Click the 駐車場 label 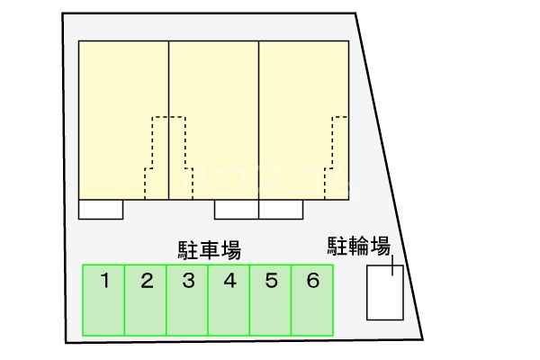tap(209, 249)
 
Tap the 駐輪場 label tap(357, 245)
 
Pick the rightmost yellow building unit tap(301, 99)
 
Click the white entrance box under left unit tap(100, 209)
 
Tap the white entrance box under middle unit tap(236, 209)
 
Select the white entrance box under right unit tap(281, 209)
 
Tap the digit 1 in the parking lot tap(104, 281)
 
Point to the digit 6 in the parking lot tap(312, 281)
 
